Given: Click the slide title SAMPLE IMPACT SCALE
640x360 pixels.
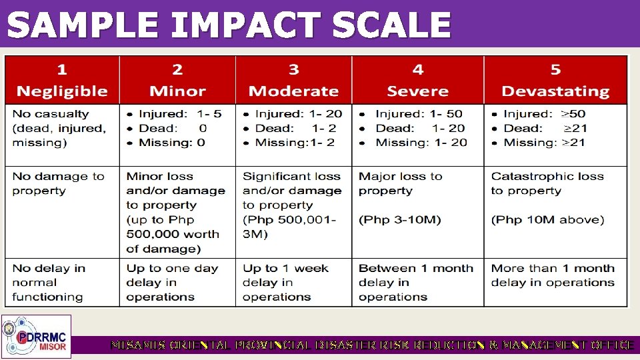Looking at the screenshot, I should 229,25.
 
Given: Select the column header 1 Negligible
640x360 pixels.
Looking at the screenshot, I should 61,81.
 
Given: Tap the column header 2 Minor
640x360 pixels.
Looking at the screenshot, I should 177,81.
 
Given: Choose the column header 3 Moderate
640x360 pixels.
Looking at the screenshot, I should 293,81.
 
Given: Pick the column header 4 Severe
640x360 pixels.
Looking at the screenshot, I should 417,81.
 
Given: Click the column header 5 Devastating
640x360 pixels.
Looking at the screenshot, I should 555,81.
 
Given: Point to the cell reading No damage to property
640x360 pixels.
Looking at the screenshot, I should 59,183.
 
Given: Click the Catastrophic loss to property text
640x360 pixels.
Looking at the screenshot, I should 547,183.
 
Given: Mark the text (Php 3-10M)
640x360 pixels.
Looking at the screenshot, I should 400,219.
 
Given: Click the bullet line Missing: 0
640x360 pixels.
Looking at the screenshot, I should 172,143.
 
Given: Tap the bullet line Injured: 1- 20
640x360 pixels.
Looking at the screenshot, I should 299,114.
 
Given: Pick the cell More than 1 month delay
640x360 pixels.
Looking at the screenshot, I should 553,275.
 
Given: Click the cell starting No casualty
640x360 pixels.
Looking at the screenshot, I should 59,128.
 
